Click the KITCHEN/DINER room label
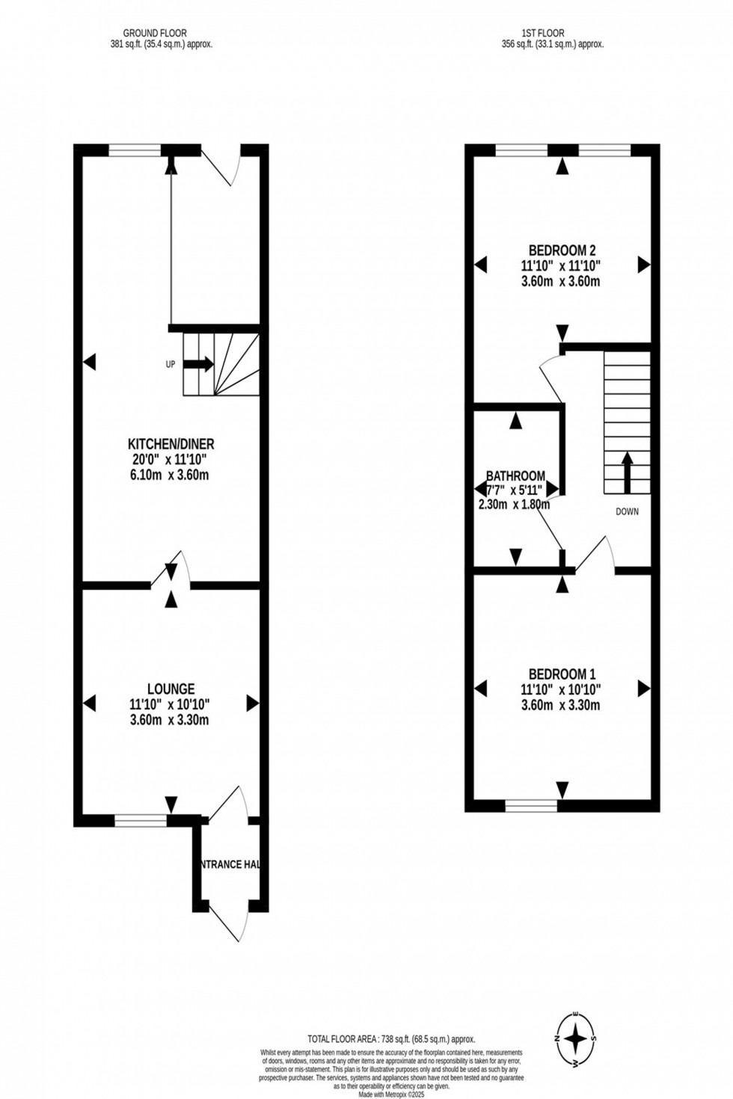pyautogui.click(x=171, y=444)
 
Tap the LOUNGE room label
pyautogui.click(x=171, y=689)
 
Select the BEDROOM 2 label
pyautogui.click(x=562, y=250)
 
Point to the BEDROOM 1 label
pyautogui.click(x=562, y=674)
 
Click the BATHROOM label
pyautogui.click(x=515, y=475)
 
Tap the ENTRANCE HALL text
pyautogui.click(x=230, y=864)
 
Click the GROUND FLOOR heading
pyautogui.click(x=156, y=33)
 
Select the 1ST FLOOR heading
pyautogui.click(x=543, y=33)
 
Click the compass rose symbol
pyautogui.click(x=575, y=1038)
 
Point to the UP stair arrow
pyautogui.click(x=198, y=364)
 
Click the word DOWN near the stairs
pyautogui.click(x=627, y=511)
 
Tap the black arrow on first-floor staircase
pyautogui.click(x=627, y=472)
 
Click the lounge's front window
pyautogui.click(x=141, y=820)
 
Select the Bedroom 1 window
pyautogui.click(x=531, y=805)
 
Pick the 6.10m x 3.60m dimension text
pyautogui.click(x=169, y=475)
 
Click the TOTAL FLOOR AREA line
pyautogui.click(x=391, y=1039)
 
